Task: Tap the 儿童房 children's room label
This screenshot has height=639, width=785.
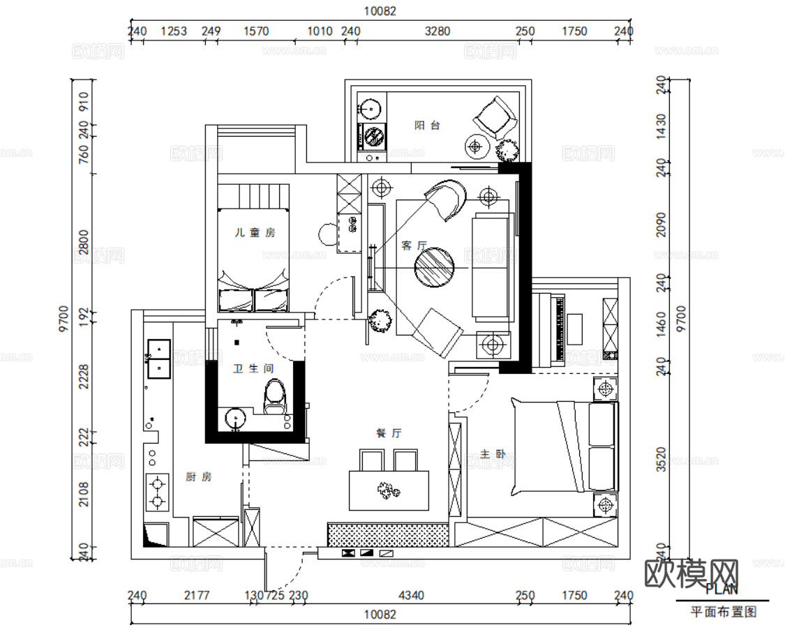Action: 254,232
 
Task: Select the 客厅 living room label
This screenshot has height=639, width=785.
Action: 414,246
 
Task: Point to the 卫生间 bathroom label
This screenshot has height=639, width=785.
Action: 253,369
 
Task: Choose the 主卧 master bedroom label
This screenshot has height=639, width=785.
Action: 493,454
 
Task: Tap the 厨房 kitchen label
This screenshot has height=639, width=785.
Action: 199,477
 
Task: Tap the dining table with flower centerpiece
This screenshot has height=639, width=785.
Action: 389,491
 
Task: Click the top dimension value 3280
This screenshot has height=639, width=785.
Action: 438,31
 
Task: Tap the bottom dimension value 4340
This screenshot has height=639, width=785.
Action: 411,595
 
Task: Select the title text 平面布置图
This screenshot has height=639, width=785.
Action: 723,612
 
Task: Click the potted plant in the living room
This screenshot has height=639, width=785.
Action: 380,321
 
